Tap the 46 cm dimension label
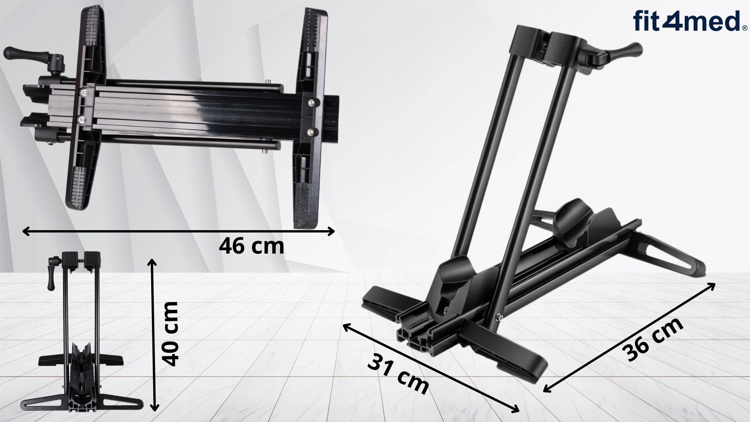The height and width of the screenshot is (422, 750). [252, 247]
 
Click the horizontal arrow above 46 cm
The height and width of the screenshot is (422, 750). [179, 231]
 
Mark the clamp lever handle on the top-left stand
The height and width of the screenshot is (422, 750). [19, 54]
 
